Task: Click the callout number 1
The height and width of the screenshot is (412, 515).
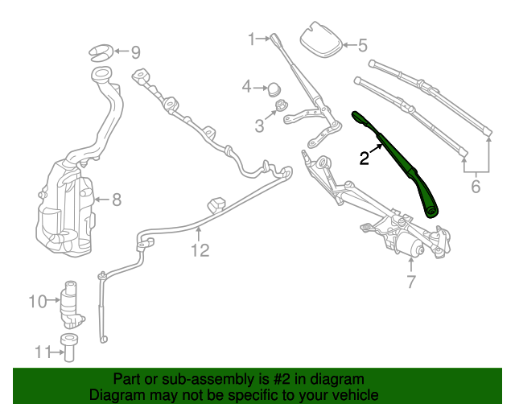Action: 251,39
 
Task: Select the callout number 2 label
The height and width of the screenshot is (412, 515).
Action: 365,159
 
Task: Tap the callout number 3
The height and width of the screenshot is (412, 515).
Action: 260,126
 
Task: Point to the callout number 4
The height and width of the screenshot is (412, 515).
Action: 248,85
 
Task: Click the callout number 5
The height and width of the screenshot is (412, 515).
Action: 361,46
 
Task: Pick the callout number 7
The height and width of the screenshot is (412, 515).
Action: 410,282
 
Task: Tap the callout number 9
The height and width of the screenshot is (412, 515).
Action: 135,53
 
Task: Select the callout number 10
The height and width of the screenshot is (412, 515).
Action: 38,302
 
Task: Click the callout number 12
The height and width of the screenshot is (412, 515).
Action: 200,250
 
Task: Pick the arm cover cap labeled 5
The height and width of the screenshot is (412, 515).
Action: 321,42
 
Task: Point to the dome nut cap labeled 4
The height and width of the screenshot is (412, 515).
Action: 274,86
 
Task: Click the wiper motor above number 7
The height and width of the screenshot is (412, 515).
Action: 408,246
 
